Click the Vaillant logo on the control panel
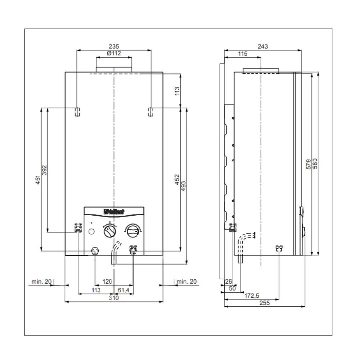(114, 212)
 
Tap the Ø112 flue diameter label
(114, 53)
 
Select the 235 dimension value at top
(114, 46)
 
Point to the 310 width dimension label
(114, 298)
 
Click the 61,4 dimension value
(123, 290)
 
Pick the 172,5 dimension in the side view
(252, 296)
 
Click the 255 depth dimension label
(265, 303)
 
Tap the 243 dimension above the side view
(263, 46)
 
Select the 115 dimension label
(243, 54)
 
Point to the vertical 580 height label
(315, 163)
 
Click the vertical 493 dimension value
(184, 186)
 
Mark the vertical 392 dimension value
(45, 170)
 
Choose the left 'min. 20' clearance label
(41, 282)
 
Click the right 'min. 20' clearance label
(186, 282)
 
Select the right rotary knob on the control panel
(133, 231)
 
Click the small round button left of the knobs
(91, 231)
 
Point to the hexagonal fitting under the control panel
(95, 251)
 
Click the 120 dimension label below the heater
(107, 282)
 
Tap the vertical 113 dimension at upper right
(177, 91)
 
